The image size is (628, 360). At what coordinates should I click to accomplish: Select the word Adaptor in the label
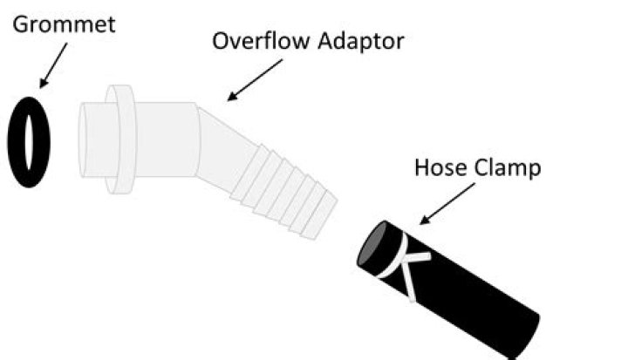358,42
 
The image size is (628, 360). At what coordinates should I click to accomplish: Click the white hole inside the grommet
29,140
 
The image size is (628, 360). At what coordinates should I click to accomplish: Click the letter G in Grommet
19,24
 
